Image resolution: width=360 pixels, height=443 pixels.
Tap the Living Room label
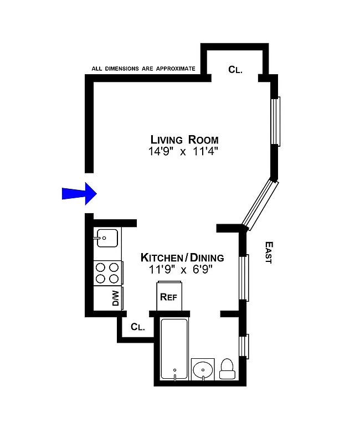point(184,140)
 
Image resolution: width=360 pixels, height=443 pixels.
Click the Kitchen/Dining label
point(182,257)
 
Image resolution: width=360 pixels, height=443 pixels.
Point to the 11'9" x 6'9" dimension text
point(181,270)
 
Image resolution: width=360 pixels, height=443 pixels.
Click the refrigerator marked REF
point(168,296)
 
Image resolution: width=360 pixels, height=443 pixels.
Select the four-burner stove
point(107,273)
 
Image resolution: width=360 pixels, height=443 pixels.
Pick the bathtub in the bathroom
point(174,349)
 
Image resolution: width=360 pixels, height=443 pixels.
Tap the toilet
point(227,368)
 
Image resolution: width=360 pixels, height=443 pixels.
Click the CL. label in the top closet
point(235,69)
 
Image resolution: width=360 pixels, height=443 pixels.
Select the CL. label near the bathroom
point(138,327)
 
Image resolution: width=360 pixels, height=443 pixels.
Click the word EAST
point(268,252)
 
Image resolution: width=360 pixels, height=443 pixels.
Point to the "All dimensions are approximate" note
point(143,69)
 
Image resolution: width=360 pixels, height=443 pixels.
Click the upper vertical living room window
point(275,121)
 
